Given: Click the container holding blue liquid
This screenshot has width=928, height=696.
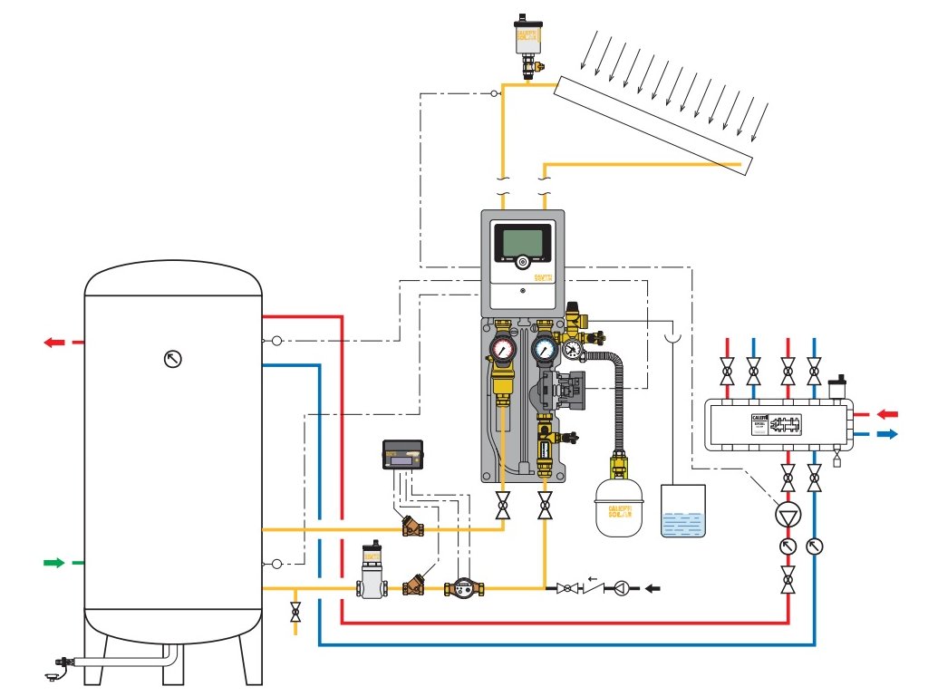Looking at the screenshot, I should pyautogui.click(x=683, y=511).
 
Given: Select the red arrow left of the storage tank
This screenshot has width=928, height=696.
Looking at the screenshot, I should pyautogui.click(x=55, y=343).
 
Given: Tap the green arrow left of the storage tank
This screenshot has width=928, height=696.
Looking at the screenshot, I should pyautogui.click(x=55, y=563).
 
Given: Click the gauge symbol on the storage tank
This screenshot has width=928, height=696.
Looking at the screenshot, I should pyautogui.click(x=173, y=358).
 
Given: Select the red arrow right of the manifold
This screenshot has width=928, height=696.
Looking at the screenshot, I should pyautogui.click(x=887, y=414).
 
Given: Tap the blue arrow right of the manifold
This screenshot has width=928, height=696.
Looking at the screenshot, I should pyautogui.click(x=887, y=434).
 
